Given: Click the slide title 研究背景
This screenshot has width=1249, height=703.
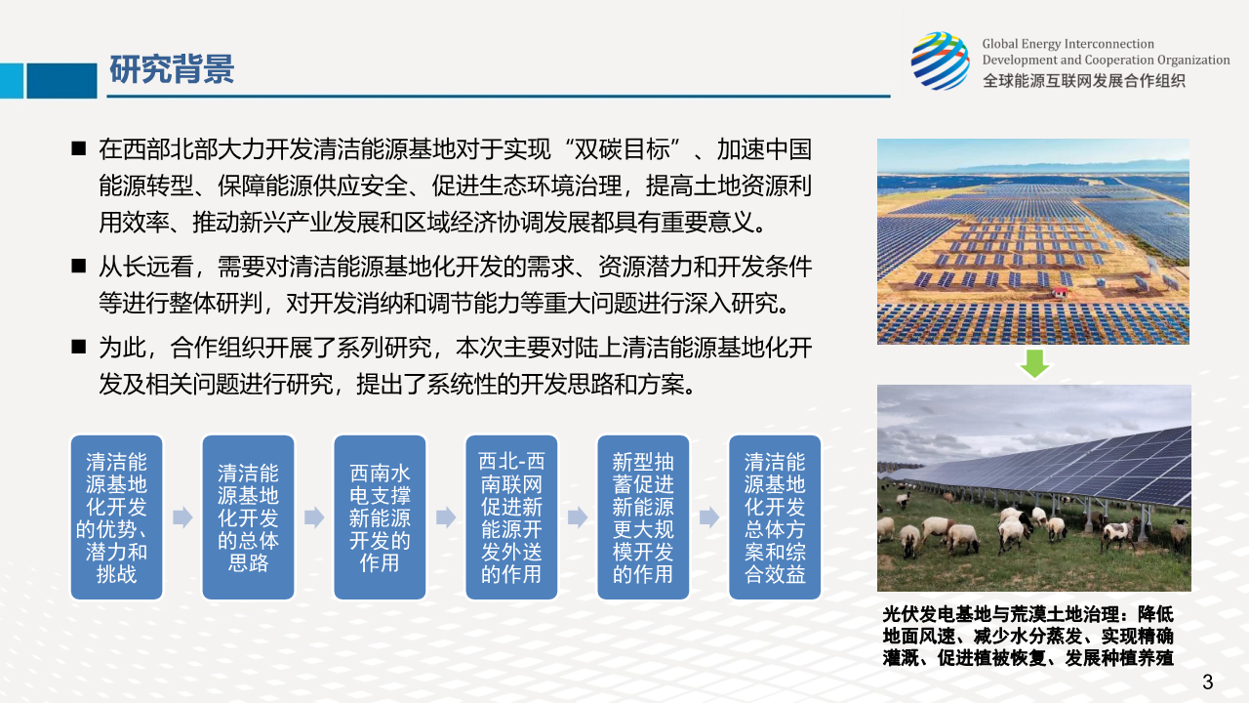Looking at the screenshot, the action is (172, 69).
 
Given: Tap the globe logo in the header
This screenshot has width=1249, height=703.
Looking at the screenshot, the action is (941, 61).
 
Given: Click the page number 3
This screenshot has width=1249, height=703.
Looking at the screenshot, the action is (1208, 682).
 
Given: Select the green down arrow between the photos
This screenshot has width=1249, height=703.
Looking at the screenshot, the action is (1034, 364).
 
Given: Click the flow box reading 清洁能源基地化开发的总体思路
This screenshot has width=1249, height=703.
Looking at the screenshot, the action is (248, 517).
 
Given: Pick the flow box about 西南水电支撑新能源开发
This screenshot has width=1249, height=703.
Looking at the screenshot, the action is (380, 517).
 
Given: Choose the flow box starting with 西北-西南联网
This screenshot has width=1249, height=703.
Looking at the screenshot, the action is (511, 517).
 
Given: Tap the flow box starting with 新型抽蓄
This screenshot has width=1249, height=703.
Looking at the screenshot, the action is (643, 517).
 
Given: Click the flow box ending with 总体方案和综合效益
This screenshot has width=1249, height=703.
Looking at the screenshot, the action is (775, 517).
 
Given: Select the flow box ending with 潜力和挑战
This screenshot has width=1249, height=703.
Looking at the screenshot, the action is (116, 517).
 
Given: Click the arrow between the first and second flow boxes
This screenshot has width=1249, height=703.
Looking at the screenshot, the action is (182, 517).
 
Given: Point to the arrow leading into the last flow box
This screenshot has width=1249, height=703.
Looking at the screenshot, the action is (709, 517).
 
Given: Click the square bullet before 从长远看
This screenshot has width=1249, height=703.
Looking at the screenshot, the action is (79, 267).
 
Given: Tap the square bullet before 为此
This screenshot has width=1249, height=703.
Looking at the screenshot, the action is (79, 347).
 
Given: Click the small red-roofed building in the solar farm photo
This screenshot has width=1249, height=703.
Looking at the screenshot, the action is (1060, 291).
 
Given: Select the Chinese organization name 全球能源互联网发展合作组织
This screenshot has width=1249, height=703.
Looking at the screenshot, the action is (1084, 81).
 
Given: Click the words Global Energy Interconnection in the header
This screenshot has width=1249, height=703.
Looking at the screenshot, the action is (1068, 44).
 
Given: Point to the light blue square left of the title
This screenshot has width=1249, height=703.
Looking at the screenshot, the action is (12, 81).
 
